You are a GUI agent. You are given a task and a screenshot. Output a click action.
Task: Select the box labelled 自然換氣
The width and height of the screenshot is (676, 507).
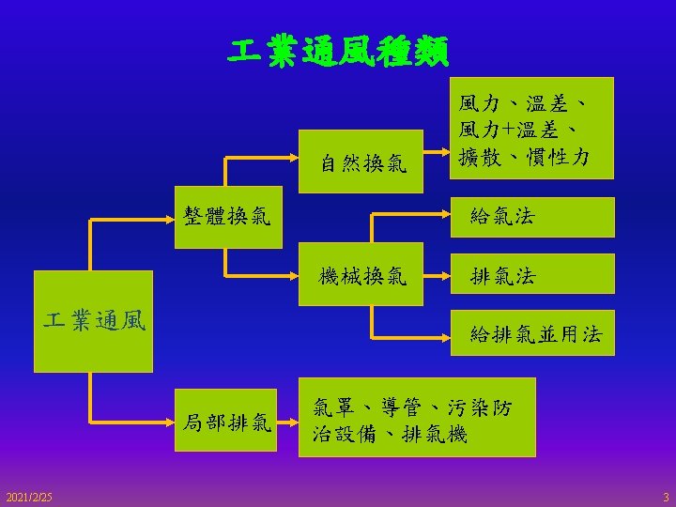tap(362, 164)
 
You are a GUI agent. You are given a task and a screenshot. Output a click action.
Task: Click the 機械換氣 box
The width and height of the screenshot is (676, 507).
tap(362, 276)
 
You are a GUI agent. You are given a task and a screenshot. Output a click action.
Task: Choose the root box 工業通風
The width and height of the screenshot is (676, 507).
tap(95, 321)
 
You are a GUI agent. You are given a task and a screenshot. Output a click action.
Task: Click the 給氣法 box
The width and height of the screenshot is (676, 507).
tap(501, 217)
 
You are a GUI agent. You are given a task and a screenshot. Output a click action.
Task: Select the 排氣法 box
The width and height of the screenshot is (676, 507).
tap(501, 276)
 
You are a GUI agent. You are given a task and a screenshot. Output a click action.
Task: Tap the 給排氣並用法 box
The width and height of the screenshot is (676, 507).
tap(536, 333)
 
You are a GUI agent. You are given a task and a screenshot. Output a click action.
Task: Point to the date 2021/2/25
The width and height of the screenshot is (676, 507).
tap(29, 495)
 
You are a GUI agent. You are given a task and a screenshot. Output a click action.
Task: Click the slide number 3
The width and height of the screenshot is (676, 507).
tap(665, 495)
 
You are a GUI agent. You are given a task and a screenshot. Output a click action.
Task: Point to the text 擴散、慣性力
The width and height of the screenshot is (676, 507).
tap(523, 156)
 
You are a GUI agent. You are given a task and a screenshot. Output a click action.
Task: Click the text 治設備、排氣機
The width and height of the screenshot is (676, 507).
tap(390, 435)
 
